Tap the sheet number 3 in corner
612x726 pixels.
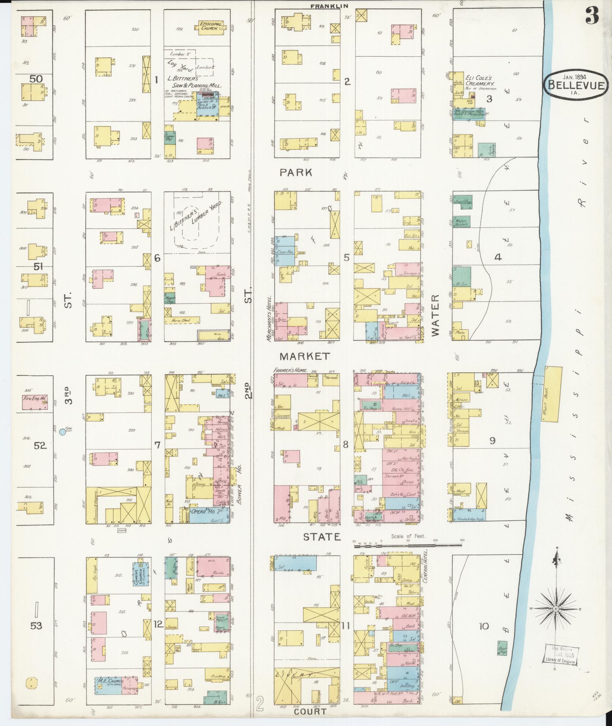592,16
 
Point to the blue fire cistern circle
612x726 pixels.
63,432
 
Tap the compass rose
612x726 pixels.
555,609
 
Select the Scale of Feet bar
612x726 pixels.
408,545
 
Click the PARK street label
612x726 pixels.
296,173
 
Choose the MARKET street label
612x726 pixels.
305,356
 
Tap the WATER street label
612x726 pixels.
435,315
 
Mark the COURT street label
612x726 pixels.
310,711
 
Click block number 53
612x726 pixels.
36,625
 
